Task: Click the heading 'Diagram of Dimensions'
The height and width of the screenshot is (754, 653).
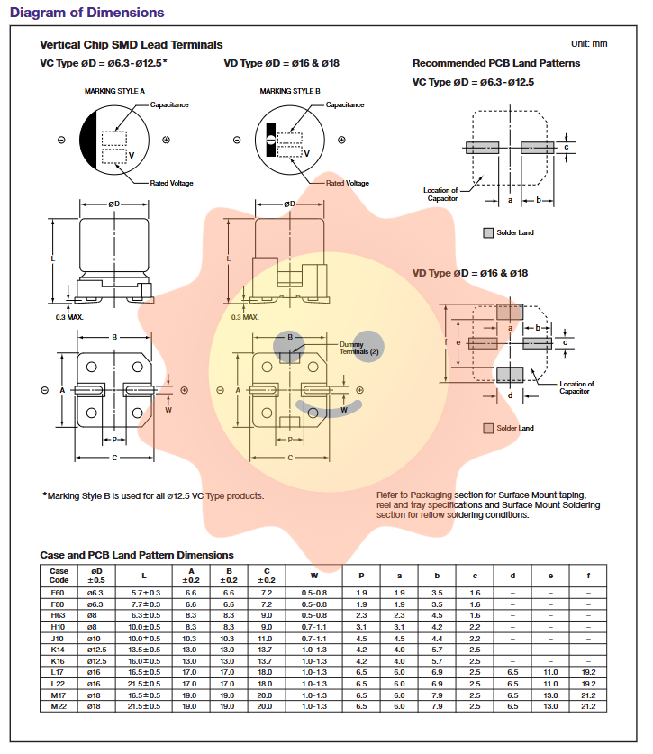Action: point(86,13)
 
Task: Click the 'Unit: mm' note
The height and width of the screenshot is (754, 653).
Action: point(589,43)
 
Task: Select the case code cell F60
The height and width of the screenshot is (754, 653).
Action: point(59,593)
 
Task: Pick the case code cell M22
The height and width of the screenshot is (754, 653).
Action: point(59,706)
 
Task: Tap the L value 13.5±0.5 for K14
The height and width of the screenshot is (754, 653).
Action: point(145,650)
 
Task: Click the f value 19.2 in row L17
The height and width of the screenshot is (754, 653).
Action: point(588,672)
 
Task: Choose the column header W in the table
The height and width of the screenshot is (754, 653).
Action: point(314,575)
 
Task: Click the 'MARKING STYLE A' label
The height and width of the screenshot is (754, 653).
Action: point(114,92)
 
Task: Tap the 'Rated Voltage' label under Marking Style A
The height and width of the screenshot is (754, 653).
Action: point(171,183)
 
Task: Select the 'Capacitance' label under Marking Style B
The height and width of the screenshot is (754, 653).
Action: point(345,105)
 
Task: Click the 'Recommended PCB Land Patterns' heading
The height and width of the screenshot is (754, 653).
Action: point(495,63)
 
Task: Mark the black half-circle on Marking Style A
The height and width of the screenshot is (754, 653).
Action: point(88,140)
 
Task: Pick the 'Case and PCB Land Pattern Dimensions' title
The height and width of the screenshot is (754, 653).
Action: point(136,555)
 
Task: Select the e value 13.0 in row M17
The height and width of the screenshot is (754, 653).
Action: point(550,695)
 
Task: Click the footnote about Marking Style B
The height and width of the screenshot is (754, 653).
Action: point(153,495)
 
